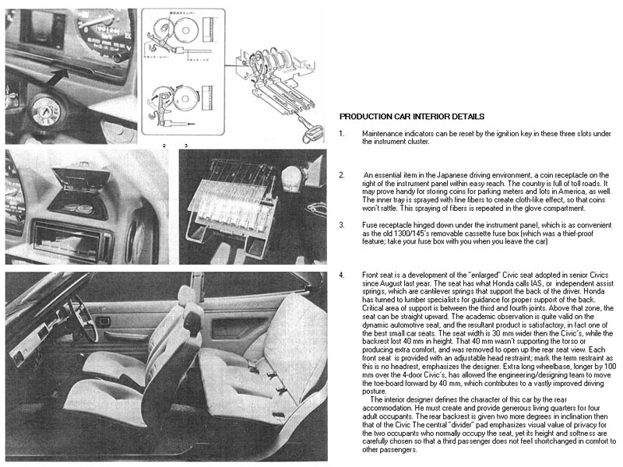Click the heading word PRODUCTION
click(367, 116)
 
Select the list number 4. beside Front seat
click(342, 275)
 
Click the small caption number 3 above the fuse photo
click(185, 146)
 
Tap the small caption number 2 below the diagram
click(164, 146)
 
